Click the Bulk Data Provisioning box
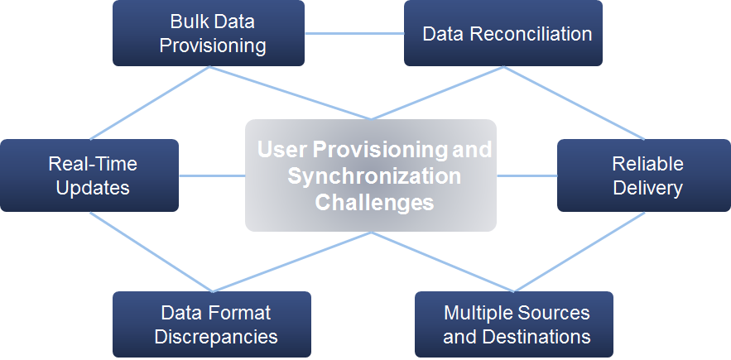(209, 33)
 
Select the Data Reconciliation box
(503, 33)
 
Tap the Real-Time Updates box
(89, 175)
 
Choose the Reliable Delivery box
(644, 175)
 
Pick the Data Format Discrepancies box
(212, 324)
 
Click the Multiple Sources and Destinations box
(514, 324)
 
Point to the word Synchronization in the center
(374, 176)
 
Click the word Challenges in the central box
(374, 203)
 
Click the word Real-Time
(93, 164)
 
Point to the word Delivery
(647, 188)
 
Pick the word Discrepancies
(216, 337)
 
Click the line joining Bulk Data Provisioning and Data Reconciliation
(354, 34)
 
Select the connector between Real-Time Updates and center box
(212, 175)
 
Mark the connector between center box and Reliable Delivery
(527, 175)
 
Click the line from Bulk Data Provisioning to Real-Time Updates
(149, 103)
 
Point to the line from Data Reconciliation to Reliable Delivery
(575, 103)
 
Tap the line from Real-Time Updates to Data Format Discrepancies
(151, 252)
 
